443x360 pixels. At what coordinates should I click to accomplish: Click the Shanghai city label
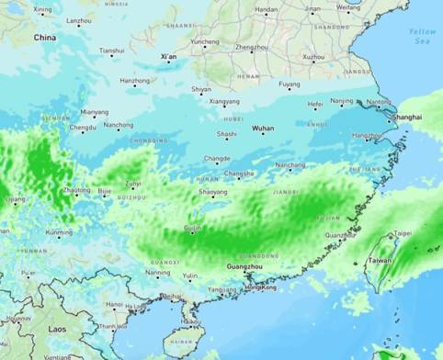click(406, 118)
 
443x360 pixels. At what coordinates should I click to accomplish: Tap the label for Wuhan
click(263, 129)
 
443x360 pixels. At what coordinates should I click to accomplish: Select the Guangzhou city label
click(244, 266)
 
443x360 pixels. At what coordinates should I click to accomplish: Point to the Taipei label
click(403, 233)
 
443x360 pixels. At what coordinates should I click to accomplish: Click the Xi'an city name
click(168, 57)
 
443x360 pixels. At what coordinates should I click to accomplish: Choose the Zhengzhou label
click(252, 47)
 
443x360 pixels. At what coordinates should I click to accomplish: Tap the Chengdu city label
click(83, 128)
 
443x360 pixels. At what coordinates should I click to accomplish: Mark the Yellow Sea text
click(423, 36)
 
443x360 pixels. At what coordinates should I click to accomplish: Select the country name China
click(44, 38)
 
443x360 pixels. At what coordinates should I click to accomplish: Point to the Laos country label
click(57, 328)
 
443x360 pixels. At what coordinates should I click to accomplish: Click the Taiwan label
click(380, 261)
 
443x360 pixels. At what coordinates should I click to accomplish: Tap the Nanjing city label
click(341, 100)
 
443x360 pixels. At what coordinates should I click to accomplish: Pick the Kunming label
click(59, 232)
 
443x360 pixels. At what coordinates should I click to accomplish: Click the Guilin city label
click(192, 227)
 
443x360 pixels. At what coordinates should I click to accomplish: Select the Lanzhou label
click(79, 19)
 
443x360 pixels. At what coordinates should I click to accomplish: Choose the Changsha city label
click(239, 173)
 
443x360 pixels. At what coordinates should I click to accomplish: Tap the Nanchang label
click(290, 165)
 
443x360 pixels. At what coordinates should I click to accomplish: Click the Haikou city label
click(190, 321)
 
